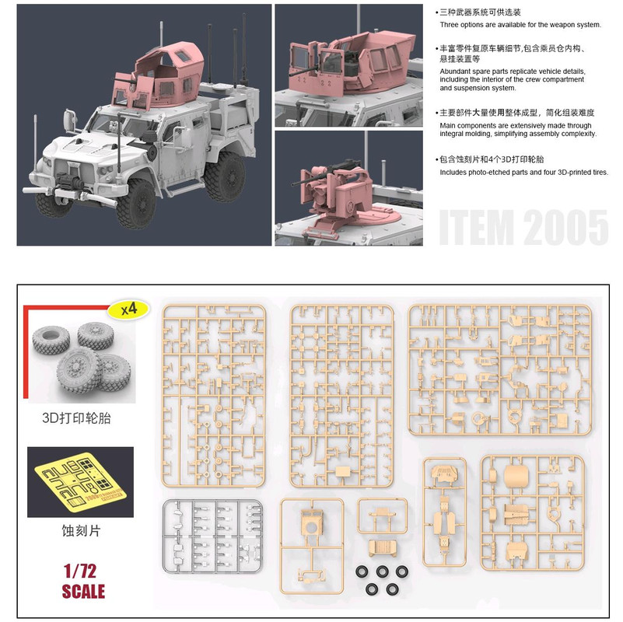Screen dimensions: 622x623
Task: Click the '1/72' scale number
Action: click(82, 571)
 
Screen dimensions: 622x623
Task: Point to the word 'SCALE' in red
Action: click(82, 591)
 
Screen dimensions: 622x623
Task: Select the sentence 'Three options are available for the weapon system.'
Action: click(520, 24)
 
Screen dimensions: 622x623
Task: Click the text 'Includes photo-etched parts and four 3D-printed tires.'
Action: click(523, 172)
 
